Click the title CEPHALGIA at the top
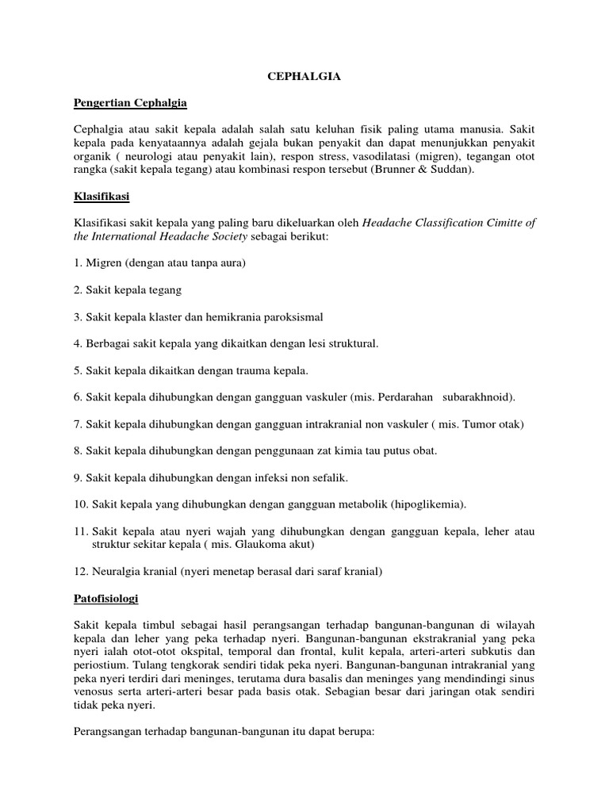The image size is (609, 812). point(304,77)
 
